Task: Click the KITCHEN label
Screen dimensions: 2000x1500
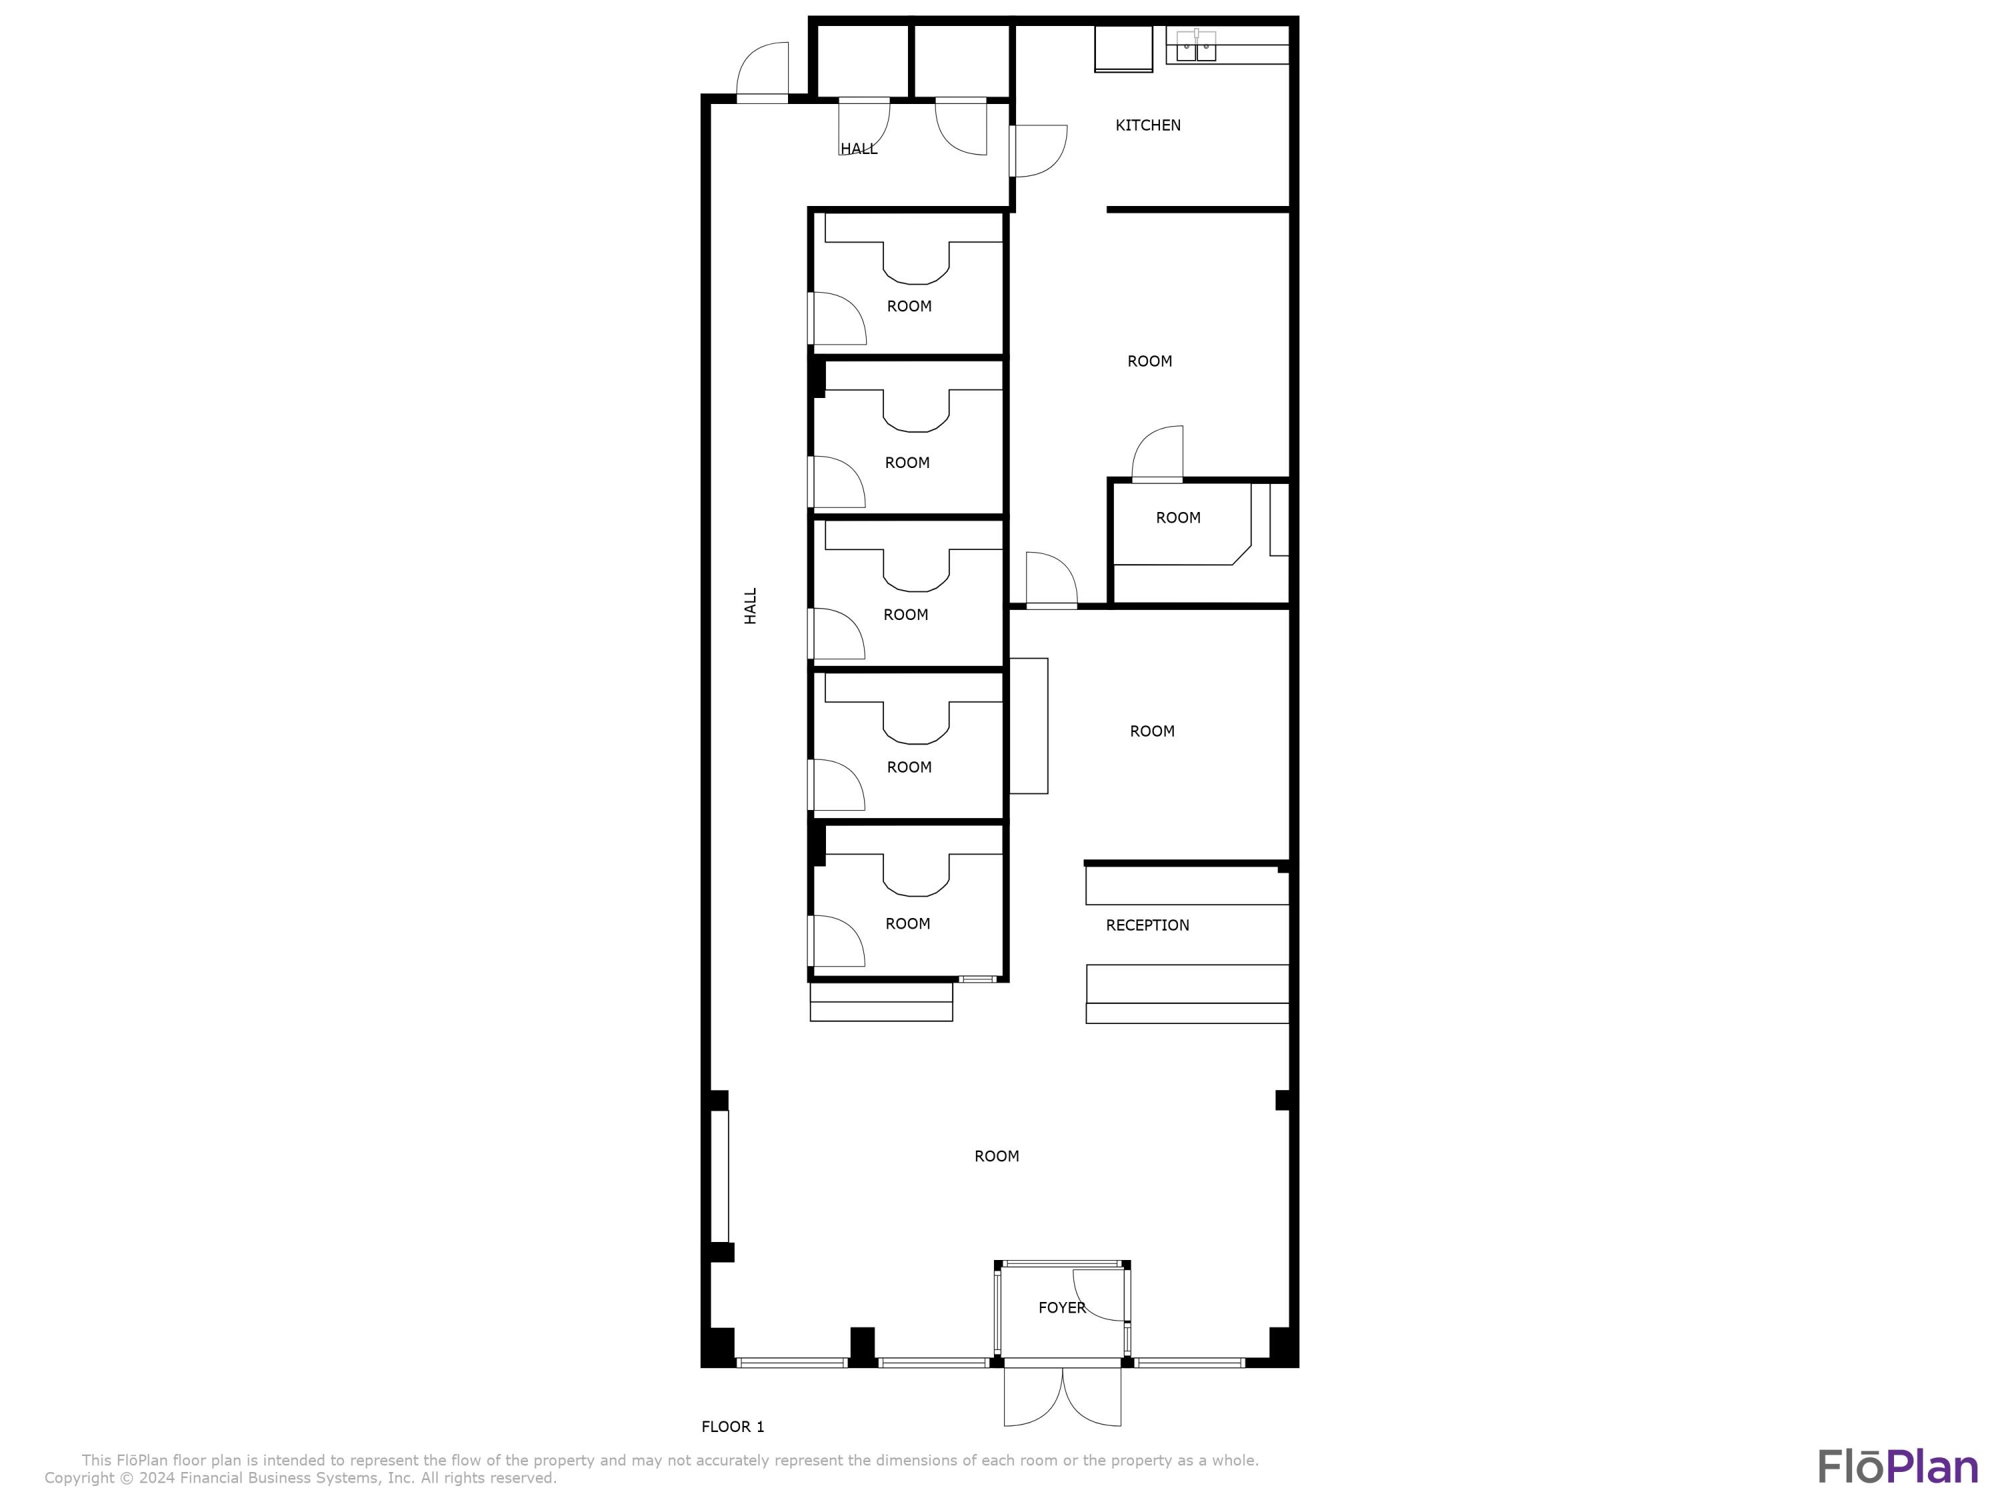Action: click(x=1147, y=126)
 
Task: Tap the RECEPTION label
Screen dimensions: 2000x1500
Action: click(x=1147, y=925)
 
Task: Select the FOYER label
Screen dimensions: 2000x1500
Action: click(x=1061, y=1307)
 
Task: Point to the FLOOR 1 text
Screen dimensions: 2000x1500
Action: click(x=733, y=1427)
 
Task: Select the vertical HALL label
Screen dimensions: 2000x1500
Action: click(x=751, y=606)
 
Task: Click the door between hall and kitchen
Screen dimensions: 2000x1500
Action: click(x=1038, y=151)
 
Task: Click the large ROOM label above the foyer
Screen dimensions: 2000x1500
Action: click(x=997, y=1157)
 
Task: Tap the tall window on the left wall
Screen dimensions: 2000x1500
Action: click(x=720, y=1175)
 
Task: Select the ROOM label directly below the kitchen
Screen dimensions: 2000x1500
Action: click(x=1149, y=361)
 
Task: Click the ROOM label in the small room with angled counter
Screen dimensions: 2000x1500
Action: click(x=1178, y=518)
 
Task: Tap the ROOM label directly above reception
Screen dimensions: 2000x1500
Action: click(x=1152, y=731)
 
